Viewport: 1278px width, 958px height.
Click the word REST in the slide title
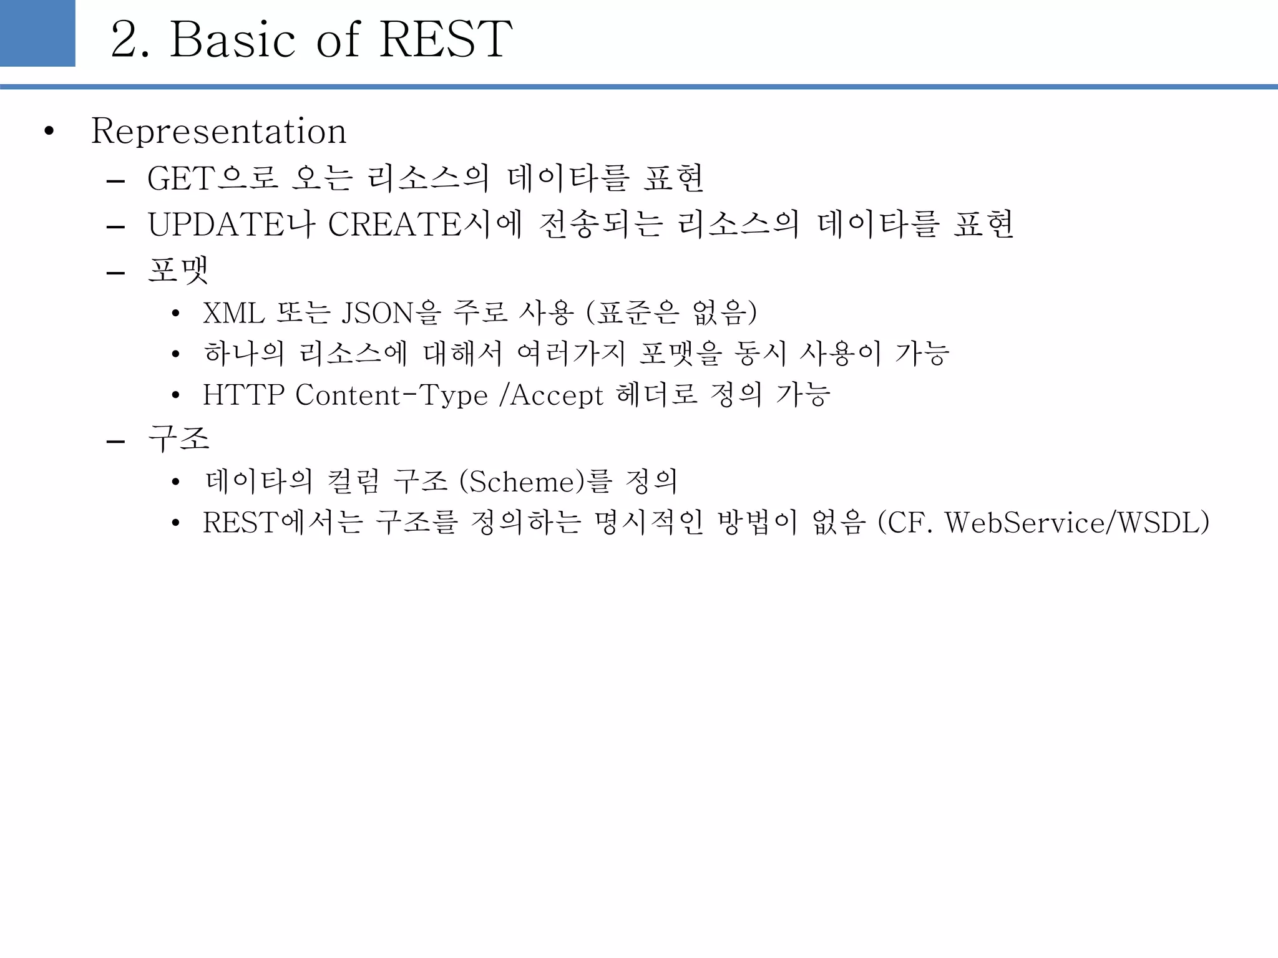point(446,39)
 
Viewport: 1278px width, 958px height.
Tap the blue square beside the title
point(37,33)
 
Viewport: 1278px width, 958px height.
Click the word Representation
point(218,132)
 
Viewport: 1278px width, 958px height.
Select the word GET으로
point(213,178)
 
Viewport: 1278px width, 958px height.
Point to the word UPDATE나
point(232,225)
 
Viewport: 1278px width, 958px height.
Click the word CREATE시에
point(425,225)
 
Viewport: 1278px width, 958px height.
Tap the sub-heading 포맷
point(178,271)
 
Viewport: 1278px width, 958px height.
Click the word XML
point(233,313)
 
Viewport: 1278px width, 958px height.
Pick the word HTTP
point(243,395)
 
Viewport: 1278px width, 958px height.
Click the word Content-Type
point(391,395)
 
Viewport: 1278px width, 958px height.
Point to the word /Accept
point(551,395)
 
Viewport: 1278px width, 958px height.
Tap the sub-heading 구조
point(178,438)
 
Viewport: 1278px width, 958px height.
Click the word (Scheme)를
point(535,481)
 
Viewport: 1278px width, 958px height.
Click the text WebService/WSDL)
point(1077,523)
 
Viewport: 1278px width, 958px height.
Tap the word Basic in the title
point(233,39)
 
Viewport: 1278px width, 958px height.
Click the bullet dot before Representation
point(49,132)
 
